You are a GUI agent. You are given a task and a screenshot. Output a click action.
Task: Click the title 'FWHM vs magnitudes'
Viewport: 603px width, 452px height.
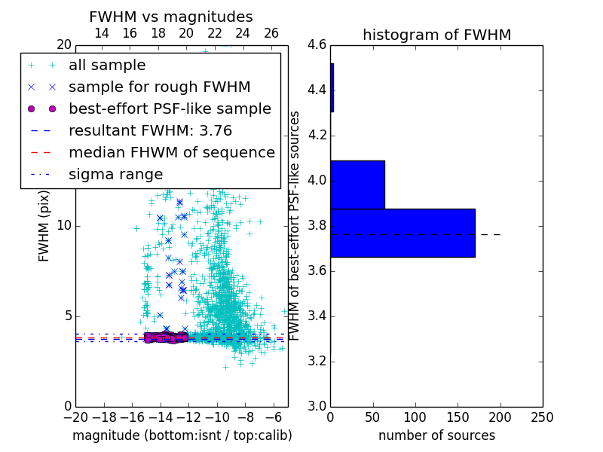tap(171, 17)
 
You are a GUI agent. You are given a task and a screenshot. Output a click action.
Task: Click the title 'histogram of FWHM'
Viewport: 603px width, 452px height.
tap(436, 35)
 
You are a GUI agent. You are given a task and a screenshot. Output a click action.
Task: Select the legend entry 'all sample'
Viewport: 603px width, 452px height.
tap(107, 66)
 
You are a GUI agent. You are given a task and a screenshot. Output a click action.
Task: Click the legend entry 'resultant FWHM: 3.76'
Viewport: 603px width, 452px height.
tap(150, 130)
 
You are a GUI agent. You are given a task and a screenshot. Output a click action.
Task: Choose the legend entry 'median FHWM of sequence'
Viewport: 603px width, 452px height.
tap(171, 152)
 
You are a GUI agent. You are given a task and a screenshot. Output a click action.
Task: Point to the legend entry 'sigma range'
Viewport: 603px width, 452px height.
tap(115, 174)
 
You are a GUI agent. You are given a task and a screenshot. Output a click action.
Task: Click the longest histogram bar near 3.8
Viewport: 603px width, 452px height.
tap(403, 233)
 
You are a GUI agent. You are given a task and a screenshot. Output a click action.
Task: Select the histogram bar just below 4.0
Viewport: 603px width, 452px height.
tap(357, 185)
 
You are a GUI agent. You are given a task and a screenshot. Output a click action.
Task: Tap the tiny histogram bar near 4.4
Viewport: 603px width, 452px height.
tap(332, 88)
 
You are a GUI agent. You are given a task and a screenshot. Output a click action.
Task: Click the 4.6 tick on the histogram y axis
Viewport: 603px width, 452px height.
tap(317, 45)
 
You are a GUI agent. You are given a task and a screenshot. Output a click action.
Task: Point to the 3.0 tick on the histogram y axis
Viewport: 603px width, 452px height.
tap(317, 406)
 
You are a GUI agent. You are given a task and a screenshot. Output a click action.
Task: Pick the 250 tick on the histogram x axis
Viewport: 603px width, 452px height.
tap(542, 416)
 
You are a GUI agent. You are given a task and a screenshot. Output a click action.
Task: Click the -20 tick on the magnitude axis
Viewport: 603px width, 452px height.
tap(75, 416)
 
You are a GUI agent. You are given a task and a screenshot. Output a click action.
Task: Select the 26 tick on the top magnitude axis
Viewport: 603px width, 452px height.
tap(271, 33)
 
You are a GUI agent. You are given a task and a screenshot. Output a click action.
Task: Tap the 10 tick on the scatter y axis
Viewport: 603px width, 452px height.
tap(65, 226)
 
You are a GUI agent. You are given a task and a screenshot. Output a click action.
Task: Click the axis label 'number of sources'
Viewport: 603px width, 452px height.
tap(436, 435)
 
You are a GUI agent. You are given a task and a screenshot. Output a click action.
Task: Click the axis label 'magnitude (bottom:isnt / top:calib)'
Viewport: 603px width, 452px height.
tap(182, 435)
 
